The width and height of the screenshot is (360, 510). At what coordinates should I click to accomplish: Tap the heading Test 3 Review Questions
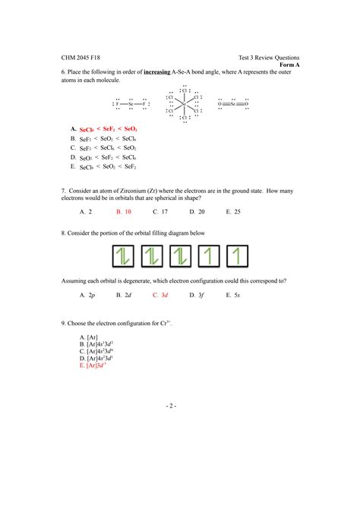[268, 57]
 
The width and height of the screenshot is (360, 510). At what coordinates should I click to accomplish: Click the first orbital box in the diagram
[125, 256]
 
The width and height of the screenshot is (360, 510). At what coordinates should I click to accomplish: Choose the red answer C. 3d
[159, 294]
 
